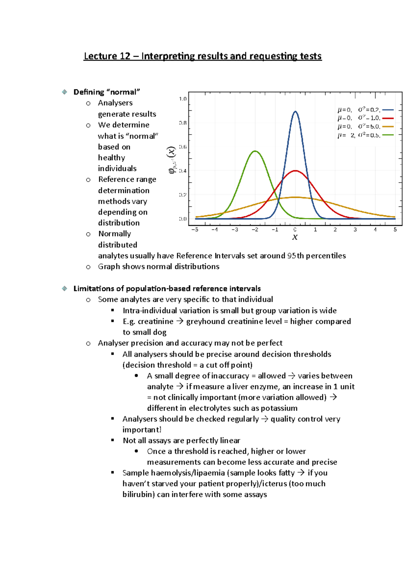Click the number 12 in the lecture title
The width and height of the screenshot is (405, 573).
pos(125,56)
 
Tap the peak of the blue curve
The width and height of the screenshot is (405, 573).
pos(295,112)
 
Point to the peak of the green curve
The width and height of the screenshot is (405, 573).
pos(255,151)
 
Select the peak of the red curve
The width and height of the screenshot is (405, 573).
pos(295,171)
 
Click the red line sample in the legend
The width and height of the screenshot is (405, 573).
pos(388,118)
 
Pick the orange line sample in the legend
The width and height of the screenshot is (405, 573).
pos(388,127)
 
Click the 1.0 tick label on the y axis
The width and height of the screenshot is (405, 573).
pos(183,99)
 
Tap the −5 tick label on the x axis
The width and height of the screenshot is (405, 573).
pos(195,229)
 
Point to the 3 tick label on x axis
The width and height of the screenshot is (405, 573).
pos(355,229)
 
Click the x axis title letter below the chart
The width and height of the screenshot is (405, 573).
pos(295,237)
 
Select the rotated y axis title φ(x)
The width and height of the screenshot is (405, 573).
pos(172,160)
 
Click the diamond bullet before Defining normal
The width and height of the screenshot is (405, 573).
pos(64,92)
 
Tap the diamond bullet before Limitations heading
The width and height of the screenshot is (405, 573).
pos(64,289)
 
